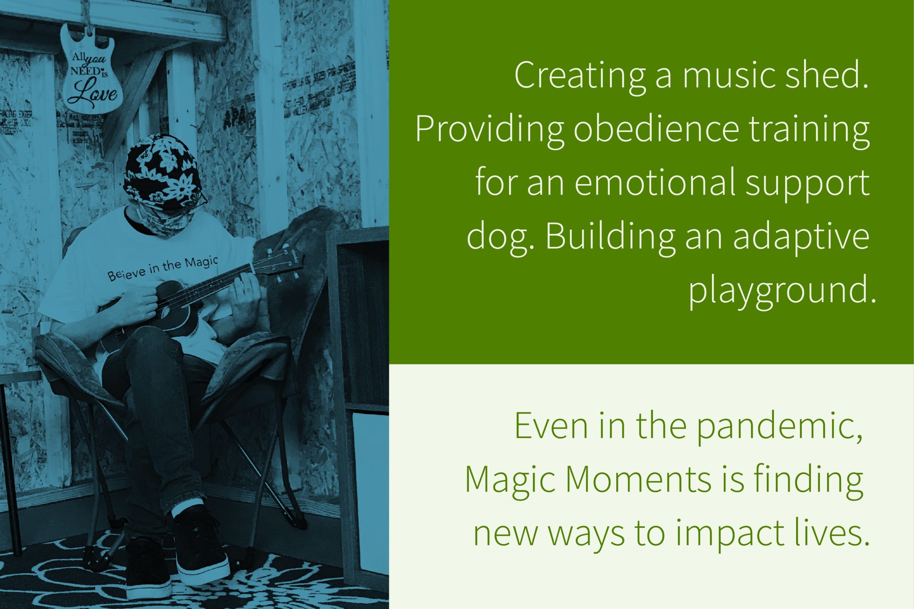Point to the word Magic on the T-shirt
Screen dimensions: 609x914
(x=201, y=263)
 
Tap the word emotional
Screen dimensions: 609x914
(x=655, y=183)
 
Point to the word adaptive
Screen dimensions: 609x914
(x=800, y=237)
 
